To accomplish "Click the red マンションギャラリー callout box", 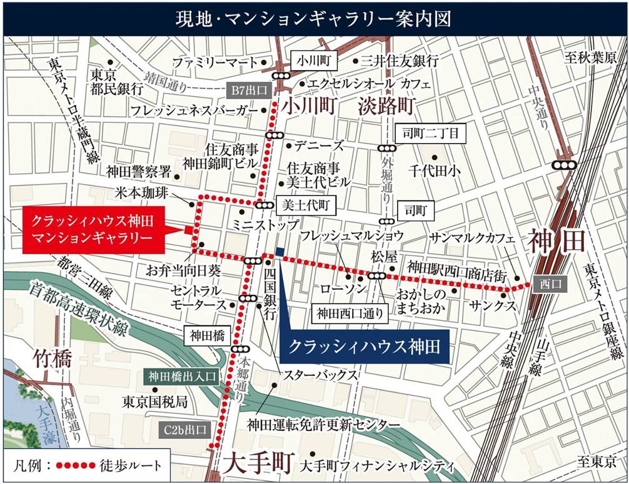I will point(93,230).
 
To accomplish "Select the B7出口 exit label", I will point(249,91).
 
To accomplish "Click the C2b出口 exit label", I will point(181,430).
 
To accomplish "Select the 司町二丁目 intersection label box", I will point(431,132).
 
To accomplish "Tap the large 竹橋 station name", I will point(49,359).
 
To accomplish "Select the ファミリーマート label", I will point(215,62).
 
